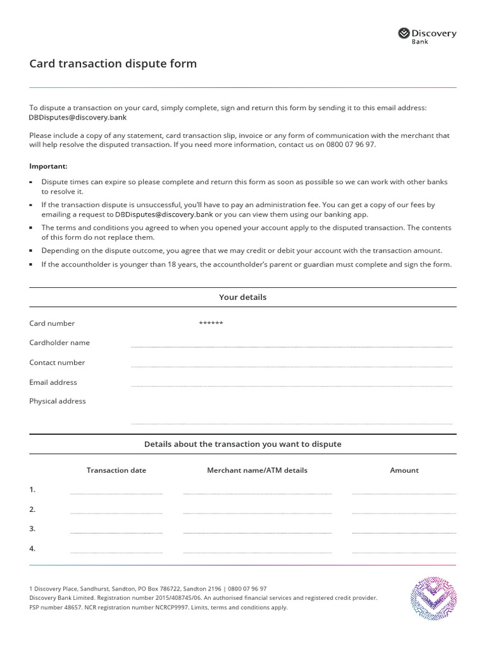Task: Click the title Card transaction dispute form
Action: coord(113,64)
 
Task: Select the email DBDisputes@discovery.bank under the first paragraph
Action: coord(78,117)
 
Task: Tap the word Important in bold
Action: coord(48,166)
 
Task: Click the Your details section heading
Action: coord(242,297)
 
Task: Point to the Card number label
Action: coord(52,323)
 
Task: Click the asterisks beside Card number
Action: coord(211,323)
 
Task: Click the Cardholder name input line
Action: coord(291,346)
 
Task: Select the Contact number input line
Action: coord(291,366)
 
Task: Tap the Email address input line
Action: coord(291,385)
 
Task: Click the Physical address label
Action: coord(57,401)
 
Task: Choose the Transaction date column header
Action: coord(116,470)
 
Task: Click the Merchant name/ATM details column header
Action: coord(257,470)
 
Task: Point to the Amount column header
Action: coord(404,470)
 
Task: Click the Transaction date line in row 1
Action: coord(116,492)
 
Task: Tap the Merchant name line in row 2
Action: coord(257,512)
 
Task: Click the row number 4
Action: coord(32,549)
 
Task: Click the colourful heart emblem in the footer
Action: coord(433,598)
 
